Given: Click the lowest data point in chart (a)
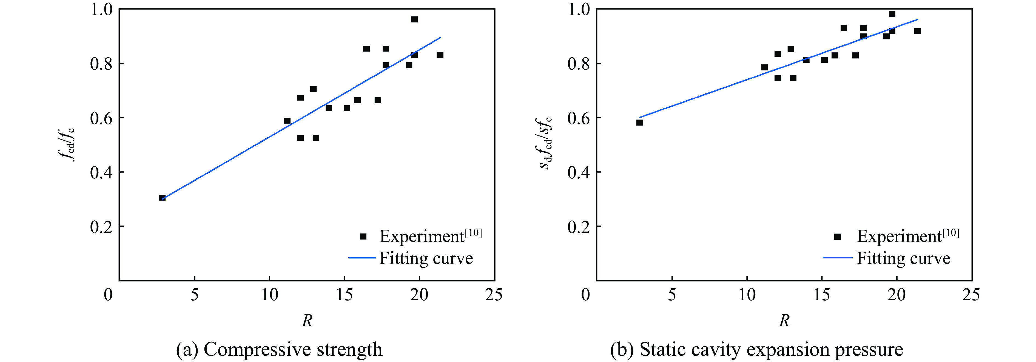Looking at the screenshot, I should tap(162, 198).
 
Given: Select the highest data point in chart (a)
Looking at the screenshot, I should tap(414, 19).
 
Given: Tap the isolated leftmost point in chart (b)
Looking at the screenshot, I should tap(639, 123).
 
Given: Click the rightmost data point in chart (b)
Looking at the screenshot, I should tap(917, 31).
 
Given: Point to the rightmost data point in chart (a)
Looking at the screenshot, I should tap(440, 55).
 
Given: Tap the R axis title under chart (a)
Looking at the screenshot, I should tap(307, 321).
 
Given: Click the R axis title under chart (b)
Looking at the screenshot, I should tap(784, 321).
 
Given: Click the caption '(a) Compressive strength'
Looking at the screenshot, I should tap(279, 349).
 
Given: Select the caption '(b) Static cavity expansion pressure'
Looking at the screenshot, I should tap(756, 349).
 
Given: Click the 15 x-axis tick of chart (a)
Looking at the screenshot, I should tap(344, 295).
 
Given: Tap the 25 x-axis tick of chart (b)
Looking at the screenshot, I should tap(971, 295).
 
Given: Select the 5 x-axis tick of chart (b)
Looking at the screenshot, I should tap(672, 295).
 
